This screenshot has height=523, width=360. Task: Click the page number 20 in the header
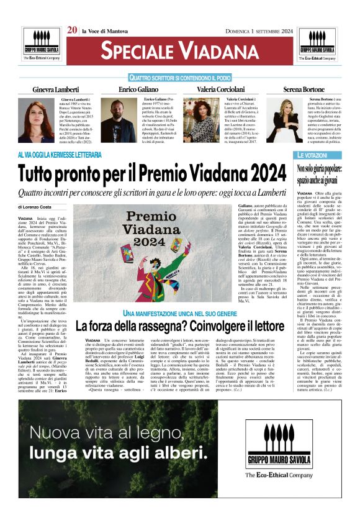point(72,29)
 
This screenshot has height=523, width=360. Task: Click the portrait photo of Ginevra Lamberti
point(36,119)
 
